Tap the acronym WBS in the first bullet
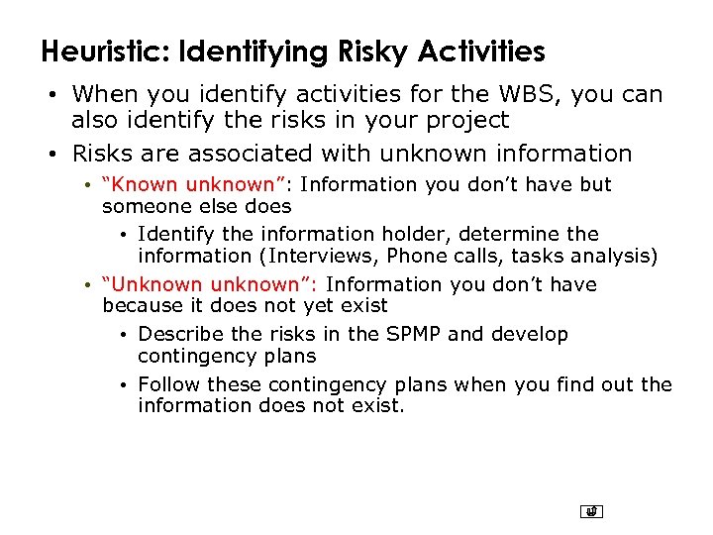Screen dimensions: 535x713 pyautogui.click(x=494, y=94)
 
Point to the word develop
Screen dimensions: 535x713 pyautogui.click(x=531, y=335)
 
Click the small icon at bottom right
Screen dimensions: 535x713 pyautogui.click(x=592, y=512)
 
